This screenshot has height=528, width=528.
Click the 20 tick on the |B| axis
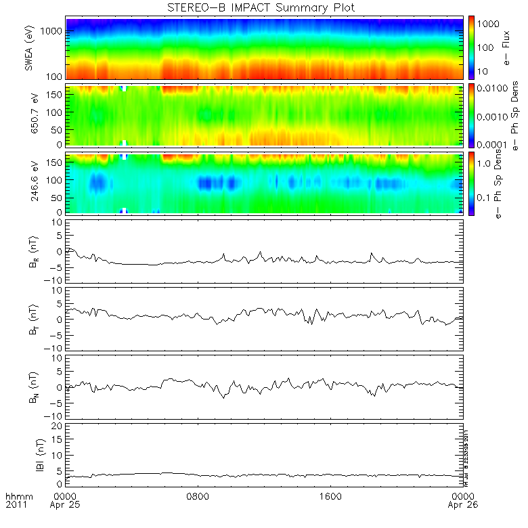pos(58,425)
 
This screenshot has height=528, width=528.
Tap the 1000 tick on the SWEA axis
pos(54,31)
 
